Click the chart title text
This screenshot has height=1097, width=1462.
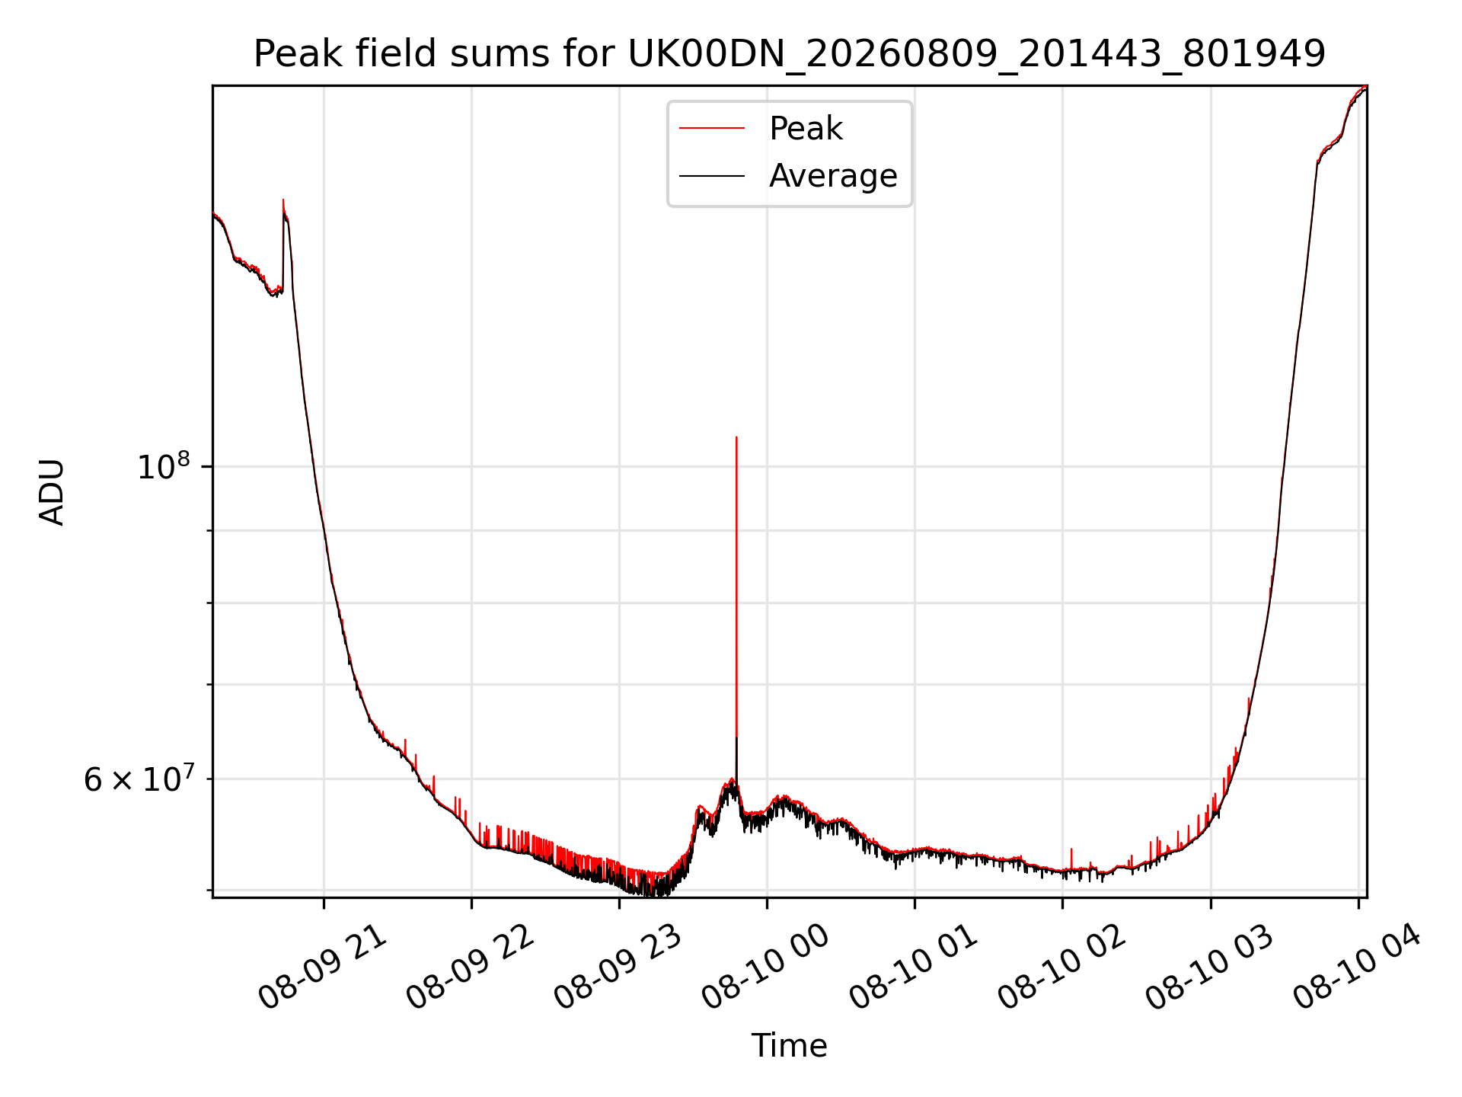point(790,54)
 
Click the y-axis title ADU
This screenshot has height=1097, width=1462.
point(52,492)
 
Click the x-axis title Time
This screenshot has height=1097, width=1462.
point(789,1045)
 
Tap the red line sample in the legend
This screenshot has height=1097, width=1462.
point(712,128)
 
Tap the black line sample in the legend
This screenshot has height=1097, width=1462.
point(712,176)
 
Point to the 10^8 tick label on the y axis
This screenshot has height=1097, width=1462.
point(163,465)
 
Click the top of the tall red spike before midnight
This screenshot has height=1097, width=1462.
point(736,437)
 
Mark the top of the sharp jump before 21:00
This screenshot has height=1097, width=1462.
point(283,200)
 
